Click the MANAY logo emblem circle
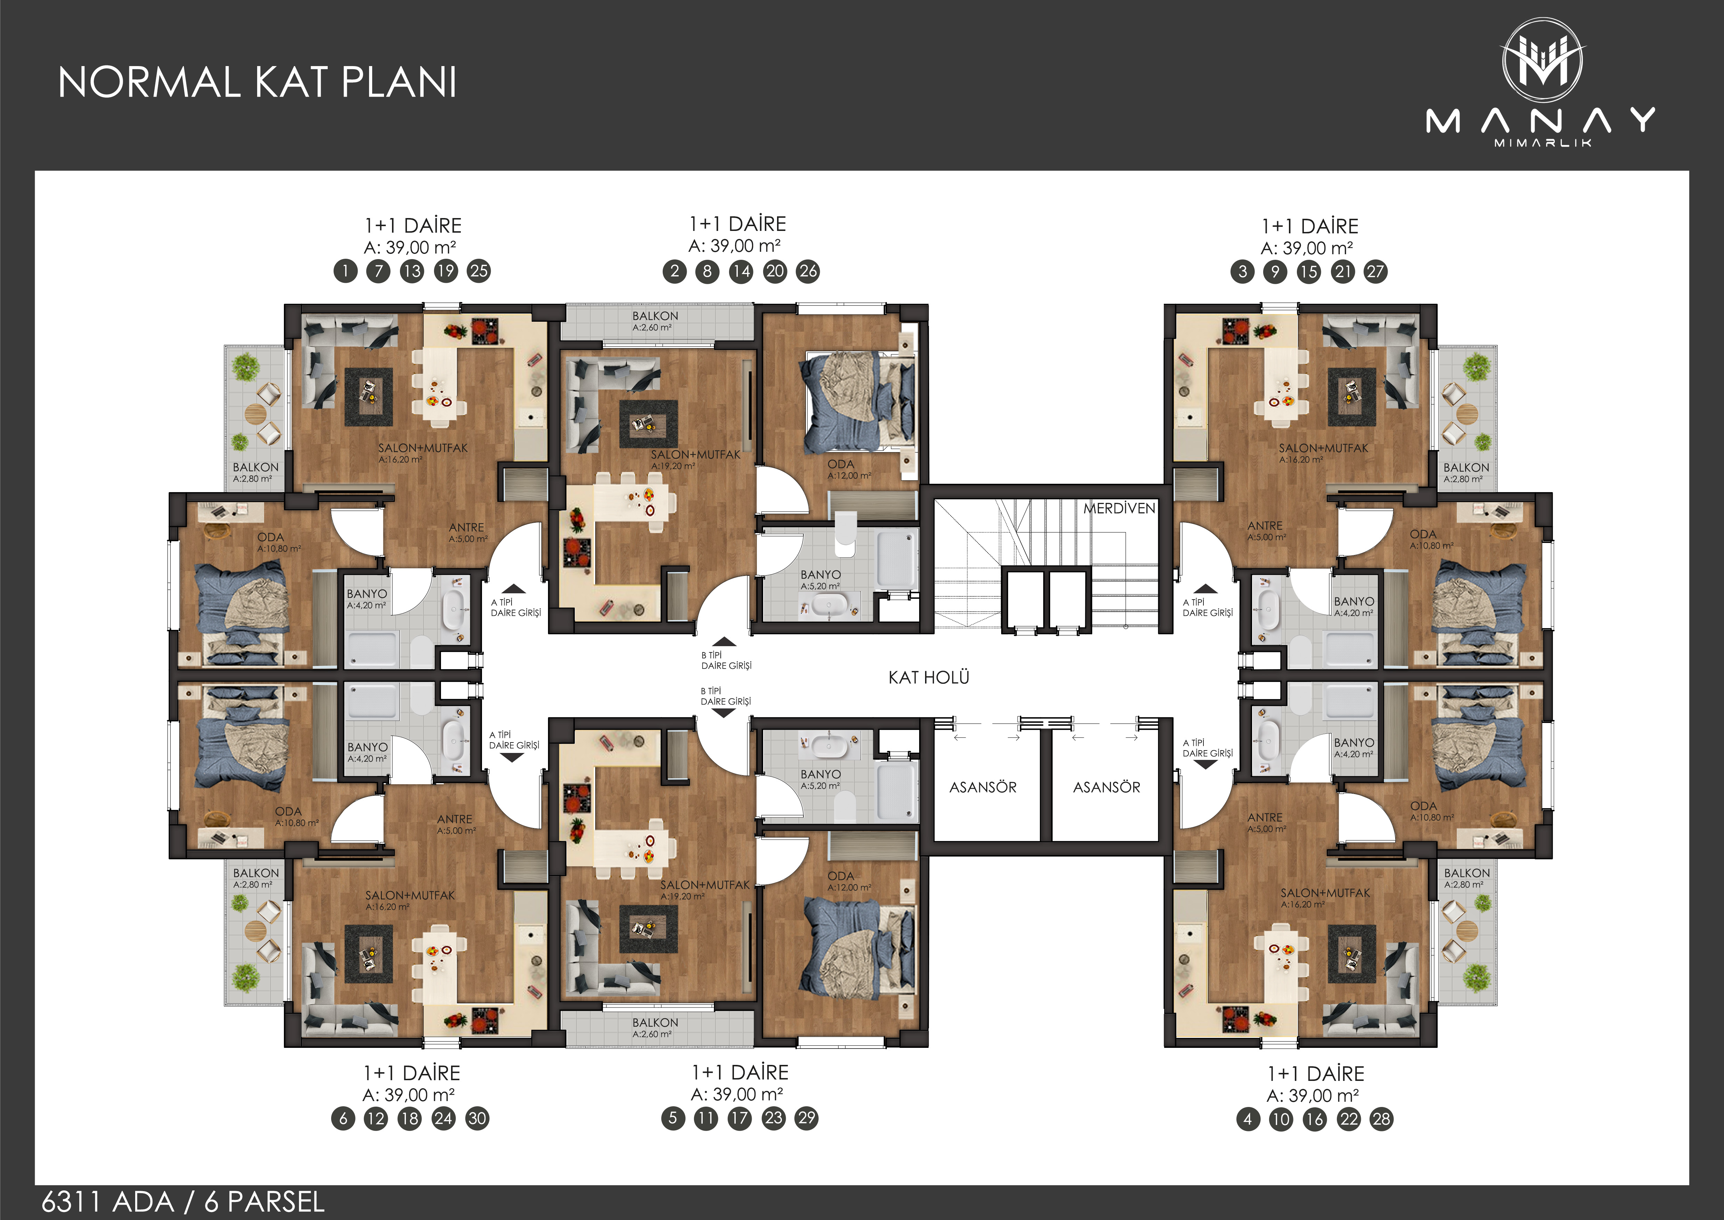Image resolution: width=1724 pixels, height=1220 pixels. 1542,60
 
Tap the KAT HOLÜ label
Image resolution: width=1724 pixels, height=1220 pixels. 929,677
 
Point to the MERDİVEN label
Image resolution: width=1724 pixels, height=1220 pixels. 1119,508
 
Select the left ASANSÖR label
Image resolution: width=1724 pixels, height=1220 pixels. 983,787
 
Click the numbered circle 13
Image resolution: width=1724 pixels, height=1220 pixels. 411,271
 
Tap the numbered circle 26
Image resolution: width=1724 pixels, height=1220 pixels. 808,271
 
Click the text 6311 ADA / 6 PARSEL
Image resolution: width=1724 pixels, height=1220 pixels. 183,1202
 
